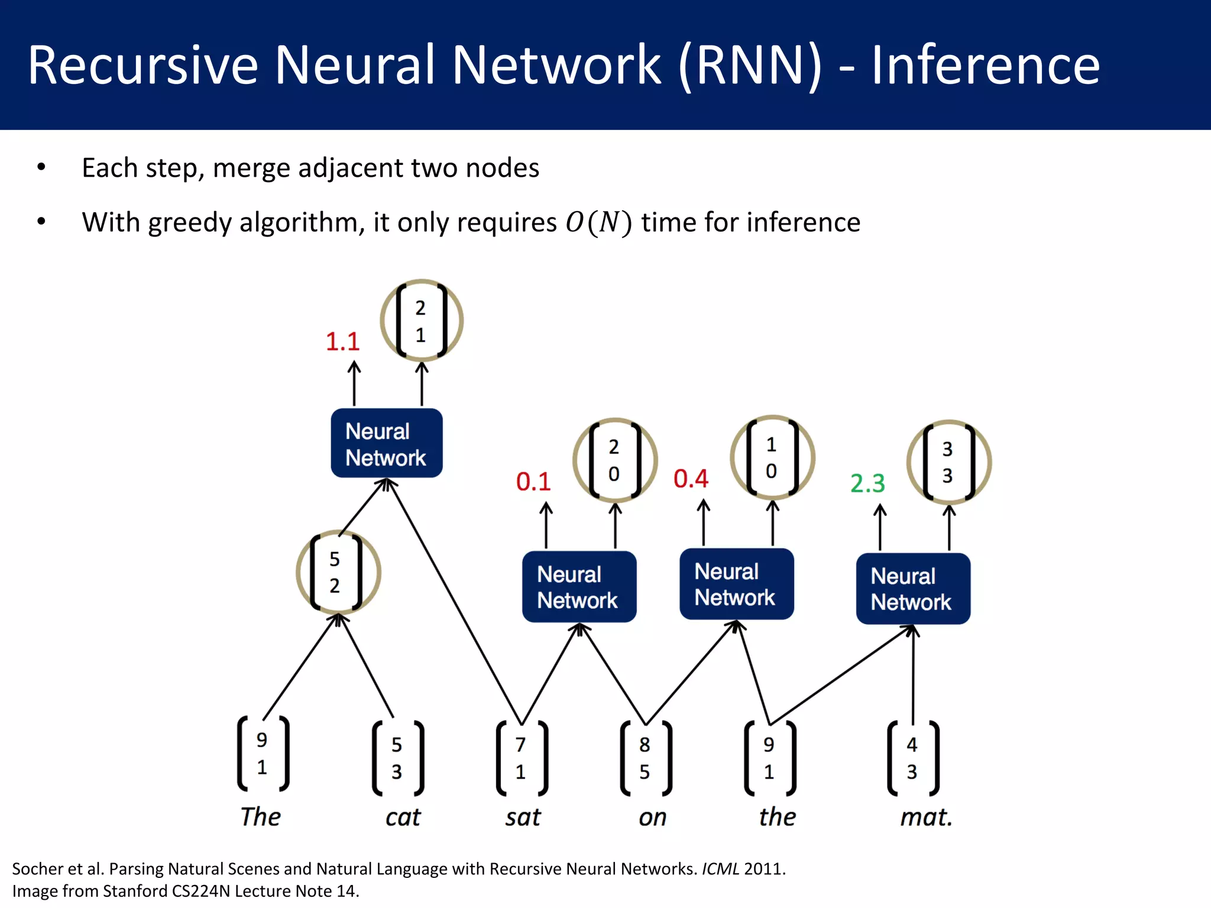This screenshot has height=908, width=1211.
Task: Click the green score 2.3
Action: [x=867, y=484]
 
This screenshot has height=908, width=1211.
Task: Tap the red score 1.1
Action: [x=342, y=342]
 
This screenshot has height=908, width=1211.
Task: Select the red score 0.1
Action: [x=533, y=482]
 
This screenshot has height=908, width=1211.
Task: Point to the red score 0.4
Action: [x=691, y=479]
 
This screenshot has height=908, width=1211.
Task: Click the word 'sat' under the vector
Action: [x=523, y=818]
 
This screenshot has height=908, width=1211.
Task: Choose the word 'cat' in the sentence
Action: [x=403, y=818]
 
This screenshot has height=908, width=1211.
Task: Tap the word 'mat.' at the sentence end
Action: [x=926, y=818]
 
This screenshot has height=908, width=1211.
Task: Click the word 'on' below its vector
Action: [x=653, y=818]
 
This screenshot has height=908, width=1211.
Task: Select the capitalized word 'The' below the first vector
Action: [x=260, y=817]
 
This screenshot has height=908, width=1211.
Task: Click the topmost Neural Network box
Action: [x=386, y=443]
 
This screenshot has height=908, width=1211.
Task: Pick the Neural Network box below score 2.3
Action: [x=912, y=589]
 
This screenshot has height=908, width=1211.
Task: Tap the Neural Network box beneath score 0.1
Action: [x=579, y=587]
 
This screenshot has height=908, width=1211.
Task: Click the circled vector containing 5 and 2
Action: [x=338, y=572]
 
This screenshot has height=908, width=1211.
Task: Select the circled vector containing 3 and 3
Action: [x=948, y=462]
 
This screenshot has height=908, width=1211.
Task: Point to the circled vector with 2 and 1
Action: [x=421, y=321]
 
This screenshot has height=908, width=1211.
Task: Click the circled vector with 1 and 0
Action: [x=772, y=458]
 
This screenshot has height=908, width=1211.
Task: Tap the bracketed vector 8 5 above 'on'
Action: [x=645, y=758]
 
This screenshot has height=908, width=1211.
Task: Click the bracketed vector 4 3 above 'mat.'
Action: [x=912, y=758]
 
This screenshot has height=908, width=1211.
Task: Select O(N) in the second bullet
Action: [x=598, y=223]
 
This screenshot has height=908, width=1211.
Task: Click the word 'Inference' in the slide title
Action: [x=985, y=65]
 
